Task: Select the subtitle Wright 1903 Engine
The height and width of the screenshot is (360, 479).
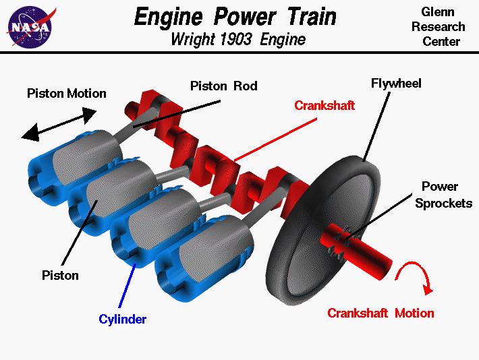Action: click(238, 39)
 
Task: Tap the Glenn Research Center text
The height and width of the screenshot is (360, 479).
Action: click(443, 27)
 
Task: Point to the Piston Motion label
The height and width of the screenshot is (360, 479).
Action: click(67, 94)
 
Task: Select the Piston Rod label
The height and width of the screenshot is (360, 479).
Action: click(223, 86)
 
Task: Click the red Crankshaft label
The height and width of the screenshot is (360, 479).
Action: click(325, 106)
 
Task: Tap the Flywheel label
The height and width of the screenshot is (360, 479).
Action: click(397, 84)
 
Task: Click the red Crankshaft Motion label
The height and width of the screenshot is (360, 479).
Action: click(381, 313)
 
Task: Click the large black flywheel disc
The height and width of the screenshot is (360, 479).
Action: click(317, 229)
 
